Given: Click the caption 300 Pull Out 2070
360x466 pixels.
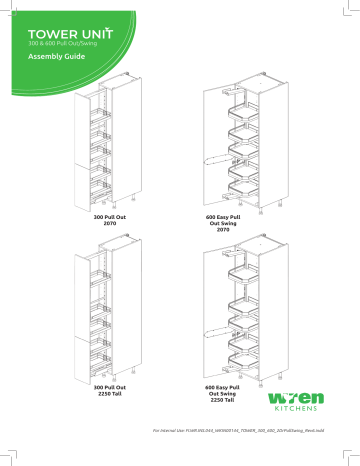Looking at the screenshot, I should click(109, 219).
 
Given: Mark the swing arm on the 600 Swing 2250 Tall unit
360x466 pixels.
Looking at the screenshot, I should click(216, 331).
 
